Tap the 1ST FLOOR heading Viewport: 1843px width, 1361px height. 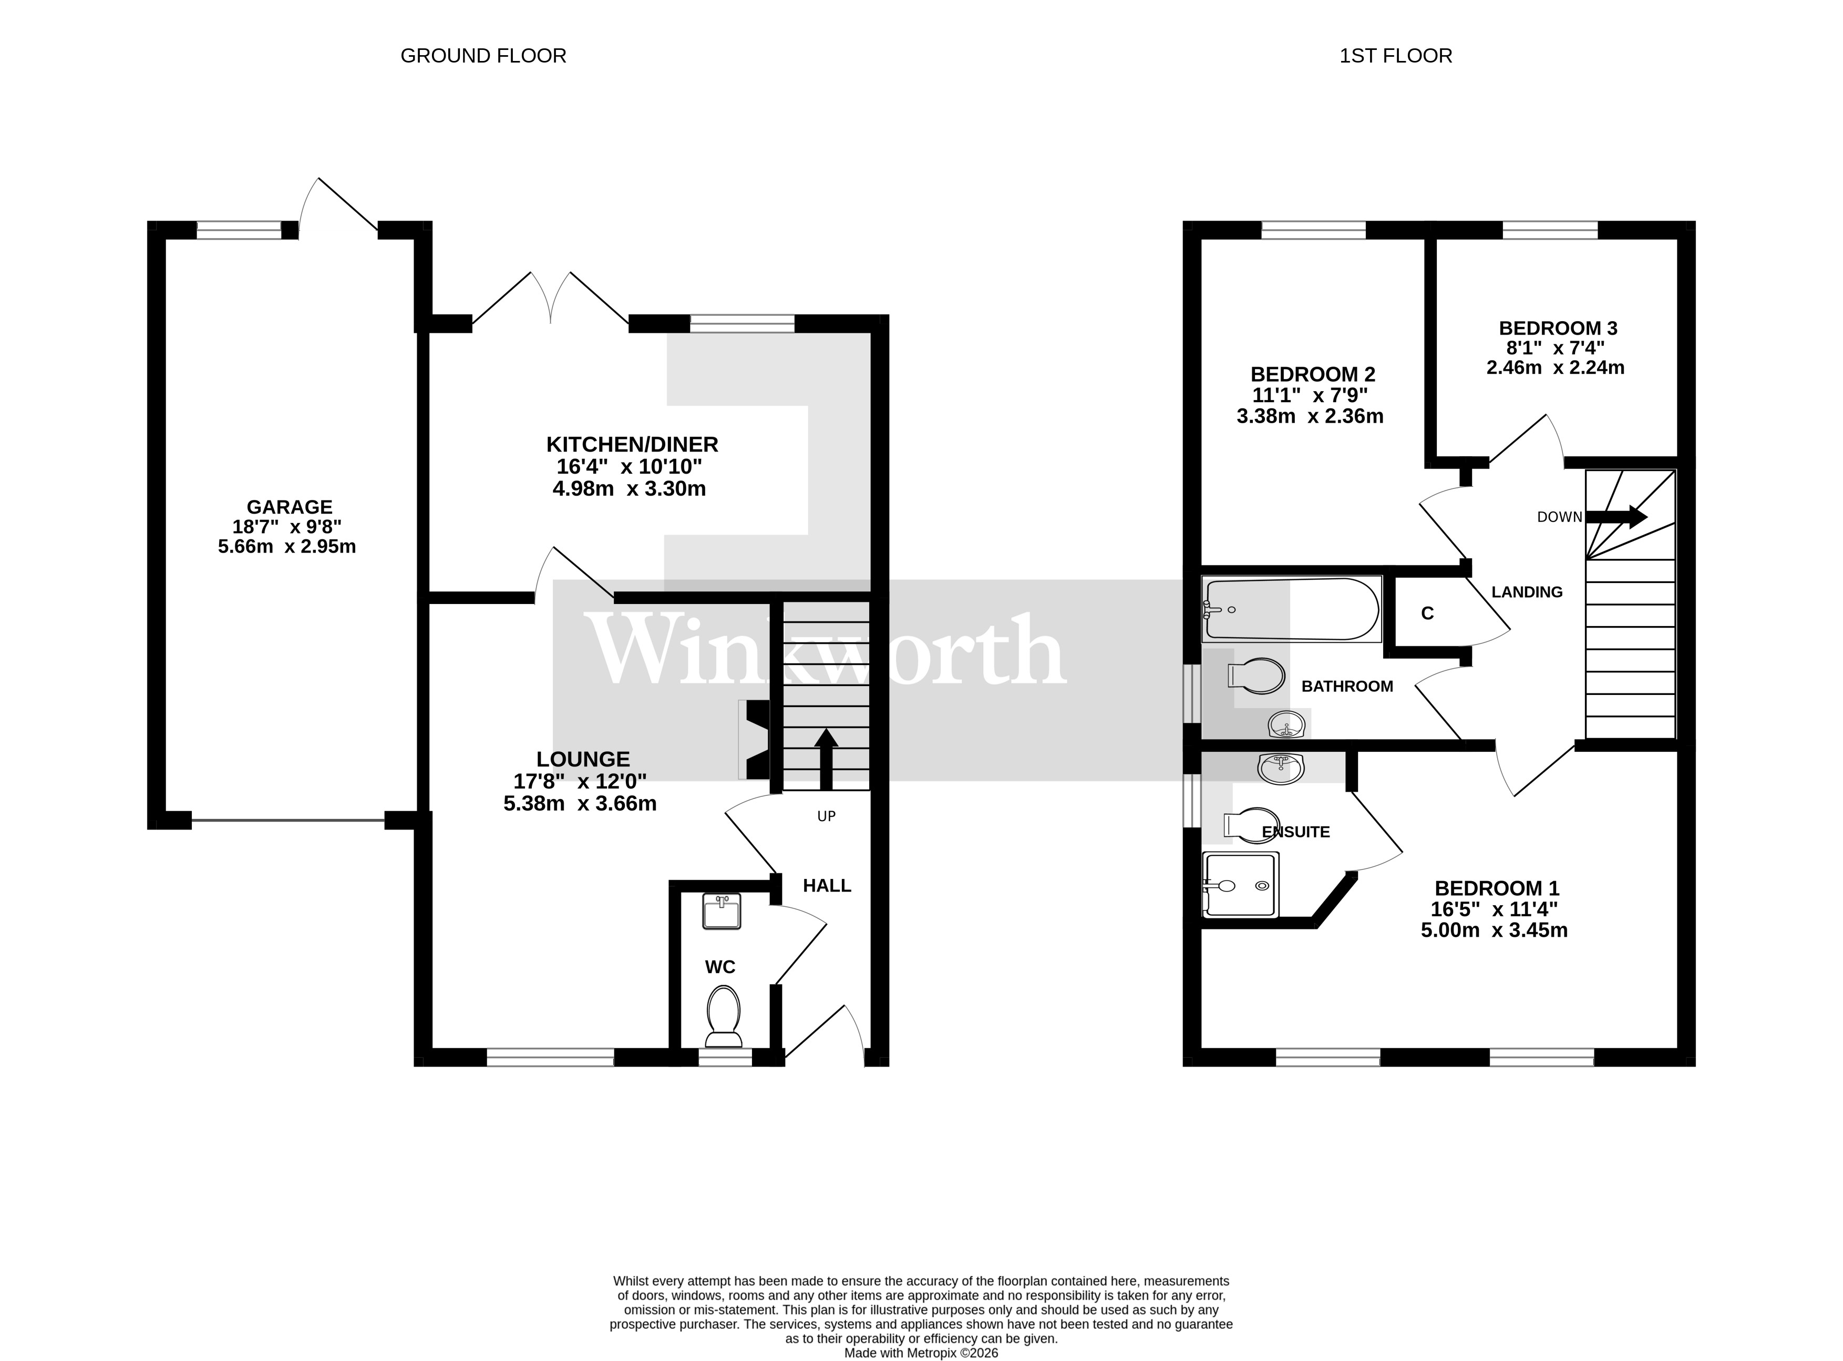tap(1395, 56)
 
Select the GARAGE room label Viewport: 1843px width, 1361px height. tap(289, 507)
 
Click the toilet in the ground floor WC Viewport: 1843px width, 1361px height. tap(723, 1016)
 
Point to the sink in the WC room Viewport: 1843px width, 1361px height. tap(722, 911)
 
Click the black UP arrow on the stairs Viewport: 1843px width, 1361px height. tap(826, 758)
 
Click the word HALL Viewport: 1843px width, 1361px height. tap(826, 886)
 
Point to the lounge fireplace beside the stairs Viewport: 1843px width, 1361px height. tap(754, 739)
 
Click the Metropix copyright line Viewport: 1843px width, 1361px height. tap(921, 1353)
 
